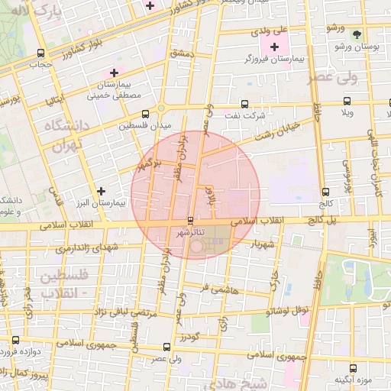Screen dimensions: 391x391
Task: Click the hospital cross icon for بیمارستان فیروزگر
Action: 275,47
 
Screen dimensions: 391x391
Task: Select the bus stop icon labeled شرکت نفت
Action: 244,104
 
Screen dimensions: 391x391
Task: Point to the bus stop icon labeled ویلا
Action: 347,101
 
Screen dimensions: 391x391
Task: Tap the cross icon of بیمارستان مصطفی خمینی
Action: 114,73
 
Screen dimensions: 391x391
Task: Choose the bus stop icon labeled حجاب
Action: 40,53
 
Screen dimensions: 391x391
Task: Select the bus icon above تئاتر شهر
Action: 191,220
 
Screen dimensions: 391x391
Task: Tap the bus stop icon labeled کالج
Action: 326,192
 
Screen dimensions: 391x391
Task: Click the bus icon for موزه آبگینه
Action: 353,367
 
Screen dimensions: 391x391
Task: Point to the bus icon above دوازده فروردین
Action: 15,340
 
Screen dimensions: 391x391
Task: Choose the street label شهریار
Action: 260,245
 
